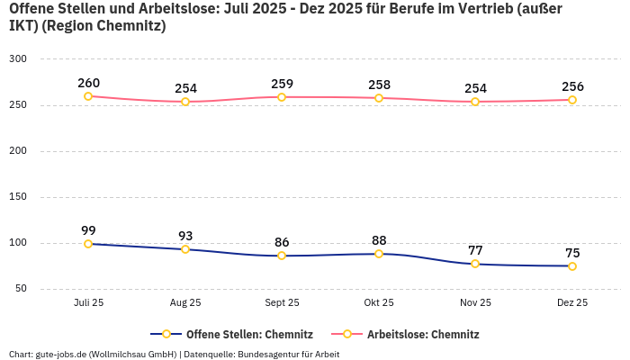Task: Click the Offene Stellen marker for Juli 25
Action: click(x=88, y=244)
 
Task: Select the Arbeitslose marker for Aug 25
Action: click(x=185, y=102)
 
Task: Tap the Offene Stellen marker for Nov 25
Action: click(x=475, y=264)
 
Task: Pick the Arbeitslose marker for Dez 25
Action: click(x=572, y=100)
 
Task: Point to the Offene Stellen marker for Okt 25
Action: click(x=379, y=254)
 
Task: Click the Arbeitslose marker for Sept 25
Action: click(x=282, y=97)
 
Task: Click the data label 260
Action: click(x=88, y=83)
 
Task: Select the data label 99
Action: click(x=88, y=230)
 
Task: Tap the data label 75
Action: click(x=572, y=253)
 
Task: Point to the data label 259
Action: click(x=282, y=84)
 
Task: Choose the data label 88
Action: click(x=379, y=240)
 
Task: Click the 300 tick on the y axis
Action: click(x=18, y=59)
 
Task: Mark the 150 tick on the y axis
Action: click(x=18, y=197)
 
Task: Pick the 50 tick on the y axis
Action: click(x=21, y=289)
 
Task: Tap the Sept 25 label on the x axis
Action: click(x=282, y=303)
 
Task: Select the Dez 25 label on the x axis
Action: click(x=572, y=303)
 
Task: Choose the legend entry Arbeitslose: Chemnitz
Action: click(x=423, y=334)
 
